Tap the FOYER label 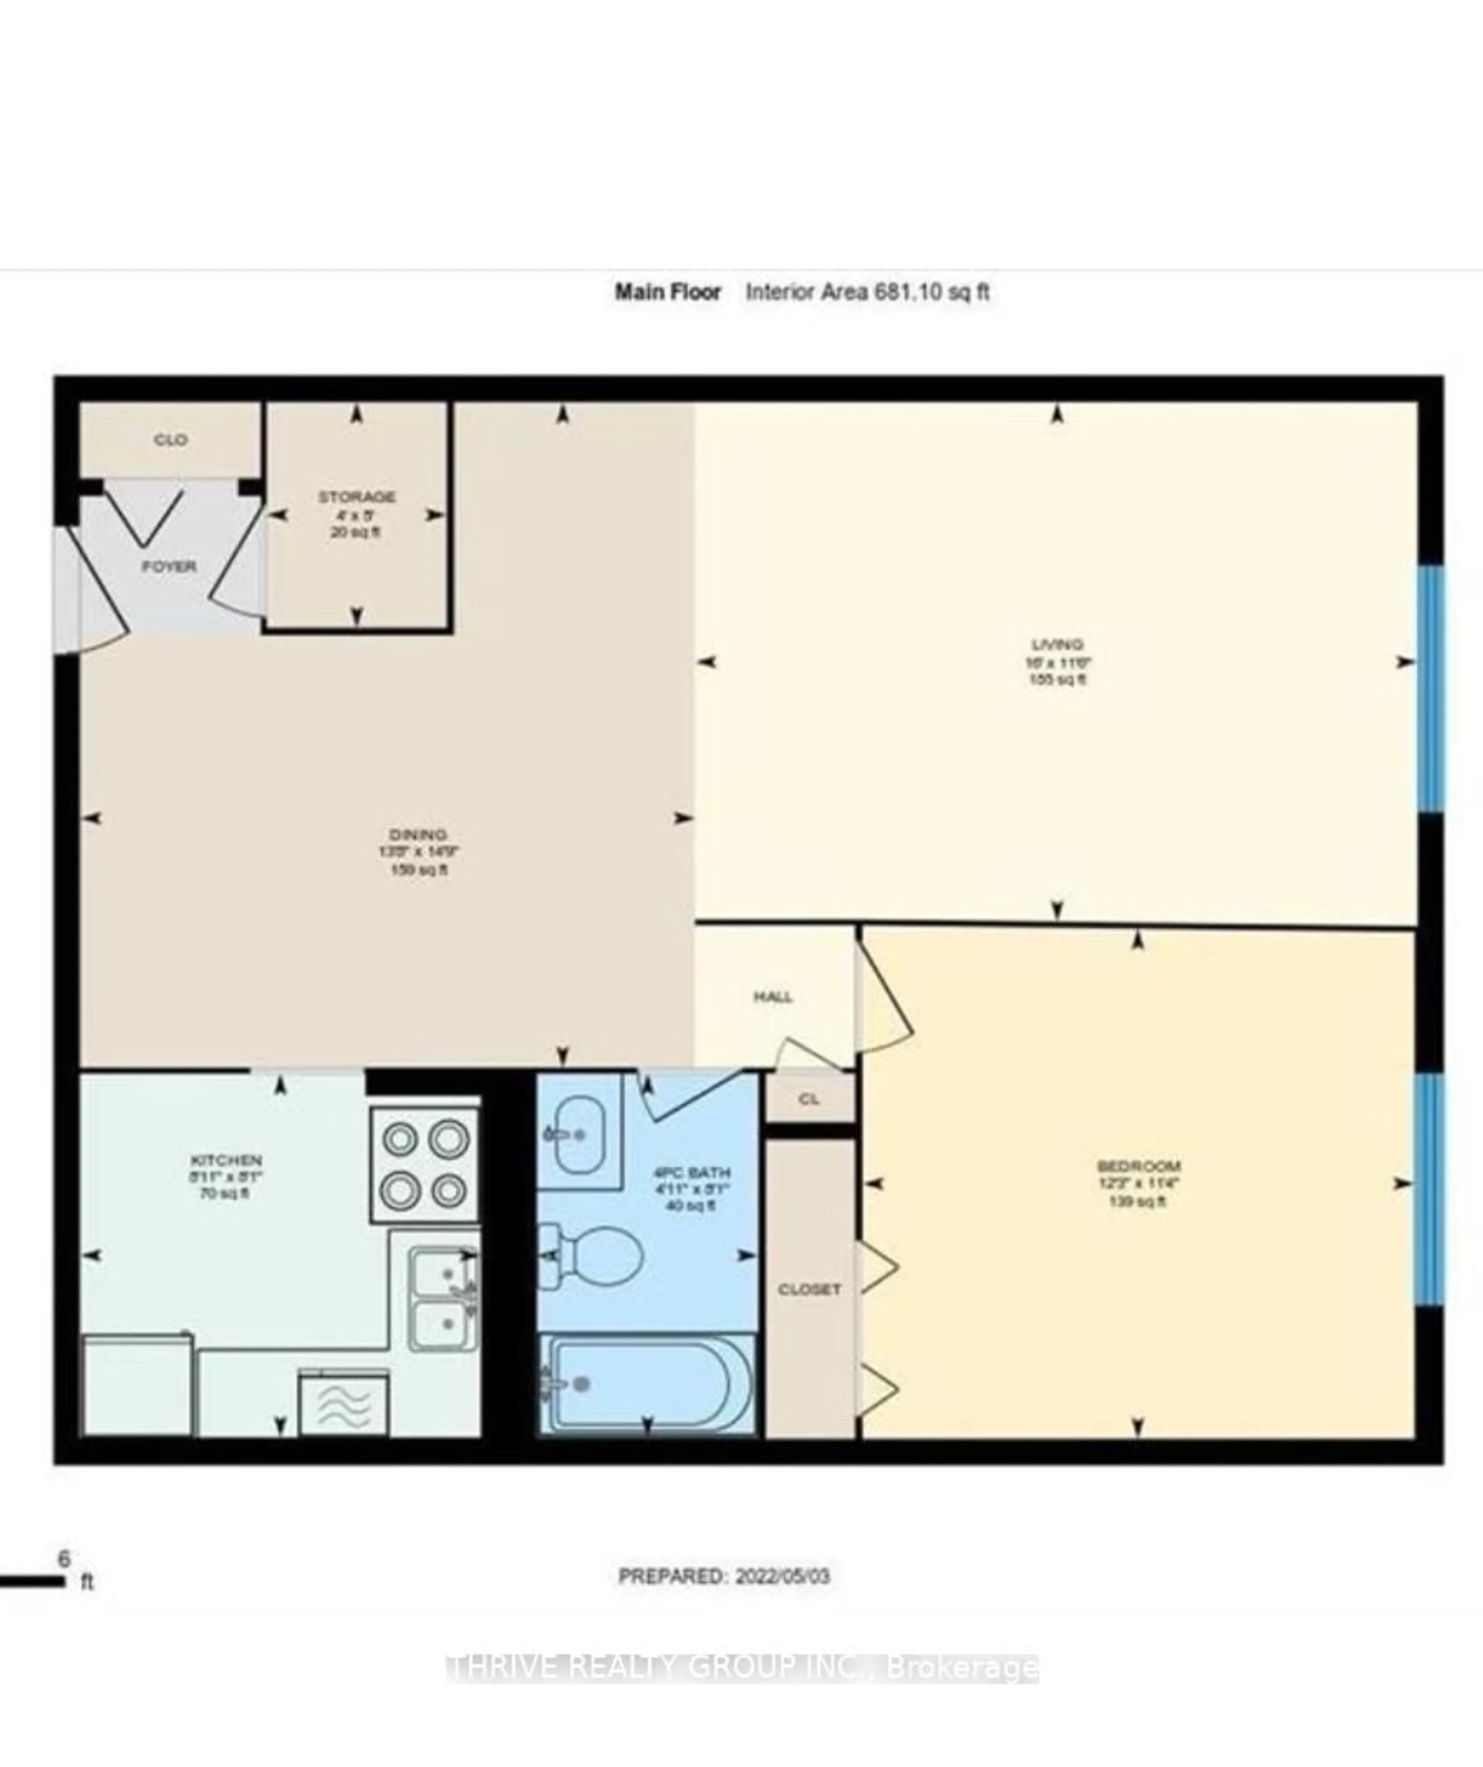(x=169, y=566)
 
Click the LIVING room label (x=1057, y=644)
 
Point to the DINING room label (x=418, y=835)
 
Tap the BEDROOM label (x=1139, y=1166)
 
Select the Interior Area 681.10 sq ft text (x=867, y=292)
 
